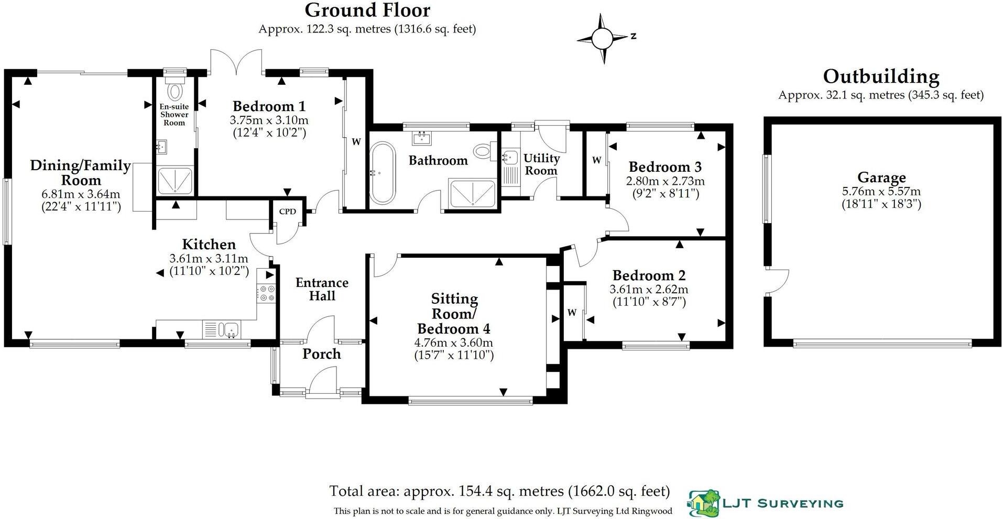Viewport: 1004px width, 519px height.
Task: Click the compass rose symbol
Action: coord(602,38)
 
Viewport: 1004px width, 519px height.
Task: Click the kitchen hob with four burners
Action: coord(266,293)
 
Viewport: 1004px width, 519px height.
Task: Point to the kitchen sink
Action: coord(228,329)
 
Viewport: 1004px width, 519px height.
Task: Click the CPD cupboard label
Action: coord(287,212)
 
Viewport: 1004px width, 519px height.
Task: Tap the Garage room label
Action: coord(881,178)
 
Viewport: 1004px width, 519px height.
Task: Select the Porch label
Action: coord(321,354)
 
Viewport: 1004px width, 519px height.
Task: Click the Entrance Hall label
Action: coord(322,289)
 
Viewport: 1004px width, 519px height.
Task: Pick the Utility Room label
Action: coord(541,164)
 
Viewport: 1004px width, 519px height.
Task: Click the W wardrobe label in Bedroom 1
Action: coord(356,141)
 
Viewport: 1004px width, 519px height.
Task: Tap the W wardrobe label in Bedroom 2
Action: coord(572,313)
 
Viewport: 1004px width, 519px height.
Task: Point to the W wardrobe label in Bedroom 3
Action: coord(596,160)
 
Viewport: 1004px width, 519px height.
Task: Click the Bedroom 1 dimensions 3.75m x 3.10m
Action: coord(269,120)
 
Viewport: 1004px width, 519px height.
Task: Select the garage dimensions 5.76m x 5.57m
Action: coord(881,192)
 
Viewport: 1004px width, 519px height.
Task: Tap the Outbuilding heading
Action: coord(881,77)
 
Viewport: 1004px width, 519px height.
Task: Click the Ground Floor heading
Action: coord(367,10)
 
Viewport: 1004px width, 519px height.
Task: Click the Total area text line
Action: coord(499,491)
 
